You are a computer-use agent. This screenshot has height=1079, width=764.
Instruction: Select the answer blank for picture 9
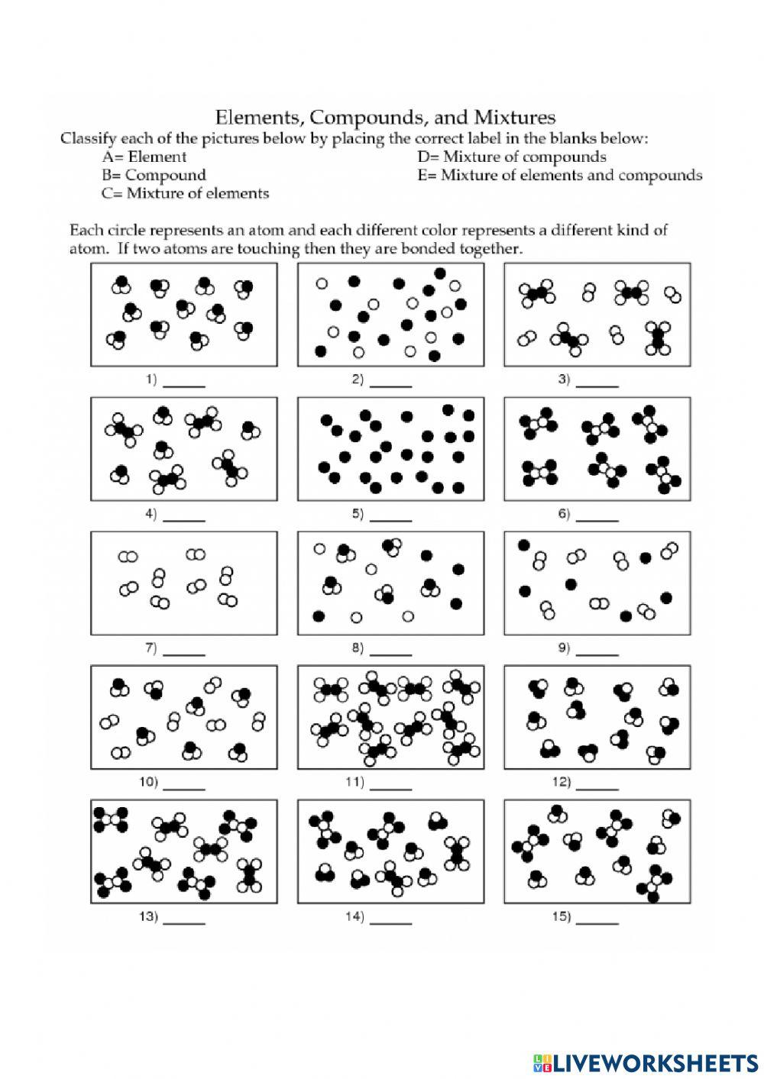(x=598, y=653)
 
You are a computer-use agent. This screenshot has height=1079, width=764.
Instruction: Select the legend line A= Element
(x=144, y=157)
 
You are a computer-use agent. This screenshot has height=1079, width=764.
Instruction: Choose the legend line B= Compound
(x=143, y=175)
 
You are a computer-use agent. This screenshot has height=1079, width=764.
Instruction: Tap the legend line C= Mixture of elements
(x=185, y=193)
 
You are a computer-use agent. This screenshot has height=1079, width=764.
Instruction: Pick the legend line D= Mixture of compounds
(x=511, y=157)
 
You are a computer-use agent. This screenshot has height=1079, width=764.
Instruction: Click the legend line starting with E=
(x=559, y=175)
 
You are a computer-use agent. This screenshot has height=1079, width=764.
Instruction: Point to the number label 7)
(x=151, y=648)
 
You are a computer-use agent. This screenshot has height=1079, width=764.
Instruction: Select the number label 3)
(x=564, y=379)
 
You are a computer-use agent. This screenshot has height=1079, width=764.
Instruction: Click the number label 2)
(x=357, y=379)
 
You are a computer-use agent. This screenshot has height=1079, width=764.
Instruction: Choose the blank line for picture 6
(x=598, y=519)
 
